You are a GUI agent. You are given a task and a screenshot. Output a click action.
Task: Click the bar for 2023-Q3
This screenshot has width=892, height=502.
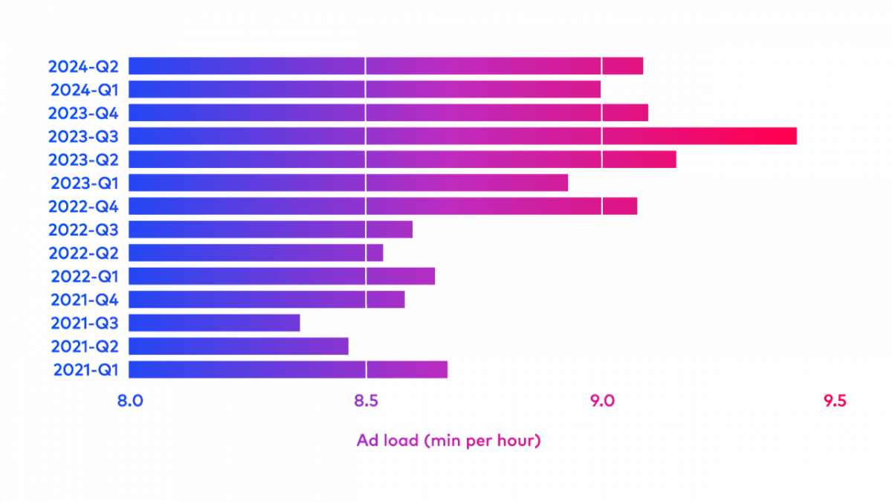tap(462, 136)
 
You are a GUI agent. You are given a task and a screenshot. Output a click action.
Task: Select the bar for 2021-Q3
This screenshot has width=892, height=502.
tap(214, 323)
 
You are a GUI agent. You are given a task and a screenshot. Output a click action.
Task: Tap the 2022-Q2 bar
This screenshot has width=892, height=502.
tap(256, 253)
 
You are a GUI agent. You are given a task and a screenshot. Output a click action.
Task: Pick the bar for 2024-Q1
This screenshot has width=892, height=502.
tap(364, 89)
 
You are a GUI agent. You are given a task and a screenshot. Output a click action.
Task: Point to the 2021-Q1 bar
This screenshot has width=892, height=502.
tap(288, 370)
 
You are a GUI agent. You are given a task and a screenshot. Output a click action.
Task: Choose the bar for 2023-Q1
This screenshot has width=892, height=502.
tap(348, 183)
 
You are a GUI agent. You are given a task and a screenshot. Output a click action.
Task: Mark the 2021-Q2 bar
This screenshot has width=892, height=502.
tap(239, 347)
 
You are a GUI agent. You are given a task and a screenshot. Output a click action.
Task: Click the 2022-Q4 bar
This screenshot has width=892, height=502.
tap(383, 206)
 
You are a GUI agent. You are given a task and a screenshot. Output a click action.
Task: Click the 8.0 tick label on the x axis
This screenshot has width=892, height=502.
tap(130, 401)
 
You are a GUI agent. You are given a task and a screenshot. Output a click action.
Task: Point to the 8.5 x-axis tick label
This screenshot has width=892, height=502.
tap(366, 401)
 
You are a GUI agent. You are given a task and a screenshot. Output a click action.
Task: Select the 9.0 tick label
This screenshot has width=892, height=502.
tap(602, 401)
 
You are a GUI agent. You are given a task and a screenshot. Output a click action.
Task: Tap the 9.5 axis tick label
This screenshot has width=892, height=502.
tap(835, 401)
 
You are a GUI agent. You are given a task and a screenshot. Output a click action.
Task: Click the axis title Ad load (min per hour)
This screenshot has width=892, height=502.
tap(449, 440)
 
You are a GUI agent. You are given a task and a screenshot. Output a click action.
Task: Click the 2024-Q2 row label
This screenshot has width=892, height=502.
tap(83, 66)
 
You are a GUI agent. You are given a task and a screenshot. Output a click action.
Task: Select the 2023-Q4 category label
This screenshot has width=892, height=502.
tap(83, 113)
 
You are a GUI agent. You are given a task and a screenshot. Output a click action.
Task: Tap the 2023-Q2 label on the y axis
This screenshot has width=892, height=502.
tap(83, 160)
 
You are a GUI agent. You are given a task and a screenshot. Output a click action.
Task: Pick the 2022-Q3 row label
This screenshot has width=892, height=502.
tap(83, 230)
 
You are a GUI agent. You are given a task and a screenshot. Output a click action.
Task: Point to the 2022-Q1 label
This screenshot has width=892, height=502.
tap(85, 277)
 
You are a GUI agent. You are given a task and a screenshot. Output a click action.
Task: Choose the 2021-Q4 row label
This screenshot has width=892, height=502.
tap(85, 300)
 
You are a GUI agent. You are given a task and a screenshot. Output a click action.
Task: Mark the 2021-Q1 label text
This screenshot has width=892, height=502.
tap(85, 370)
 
